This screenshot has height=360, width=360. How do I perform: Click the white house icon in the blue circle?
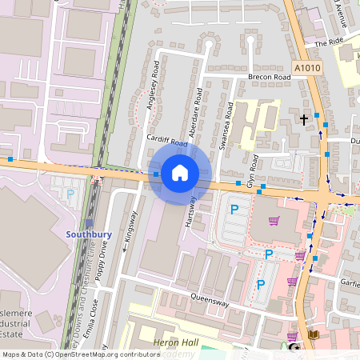point(180,172)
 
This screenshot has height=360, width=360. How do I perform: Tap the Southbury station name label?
point(88,234)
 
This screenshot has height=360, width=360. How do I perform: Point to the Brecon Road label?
point(268,78)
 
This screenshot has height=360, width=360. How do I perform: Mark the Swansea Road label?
point(227,126)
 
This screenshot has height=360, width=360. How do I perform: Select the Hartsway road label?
point(190,212)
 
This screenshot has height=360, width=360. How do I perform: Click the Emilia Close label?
point(95,315)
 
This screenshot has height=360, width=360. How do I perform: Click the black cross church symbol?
point(303,119)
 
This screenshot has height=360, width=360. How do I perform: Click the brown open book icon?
point(314,334)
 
